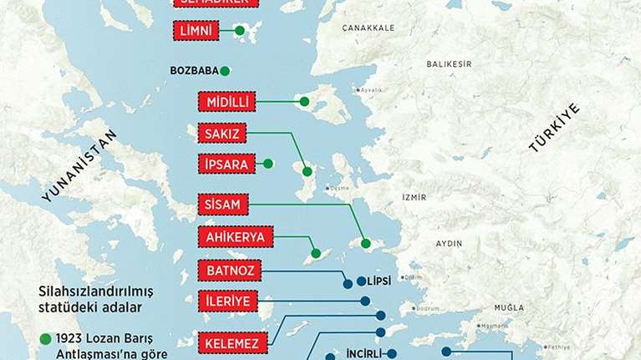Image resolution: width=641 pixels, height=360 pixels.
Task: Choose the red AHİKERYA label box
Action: click(235, 237)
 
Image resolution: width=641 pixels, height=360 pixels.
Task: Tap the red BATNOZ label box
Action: click(229, 271)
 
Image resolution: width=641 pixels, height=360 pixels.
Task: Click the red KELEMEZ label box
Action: click(233, 341)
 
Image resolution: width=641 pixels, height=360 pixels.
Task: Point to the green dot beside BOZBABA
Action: click(225, 71)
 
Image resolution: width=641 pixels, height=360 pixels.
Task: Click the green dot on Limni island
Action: click(240, 32)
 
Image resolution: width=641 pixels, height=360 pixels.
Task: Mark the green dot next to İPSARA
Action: click(268, 165)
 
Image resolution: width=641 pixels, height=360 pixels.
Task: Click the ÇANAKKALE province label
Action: click(368, 28)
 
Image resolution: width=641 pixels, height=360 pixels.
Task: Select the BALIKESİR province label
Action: click(449, 64)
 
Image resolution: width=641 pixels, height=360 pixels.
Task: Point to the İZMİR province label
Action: click(414, 197)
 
